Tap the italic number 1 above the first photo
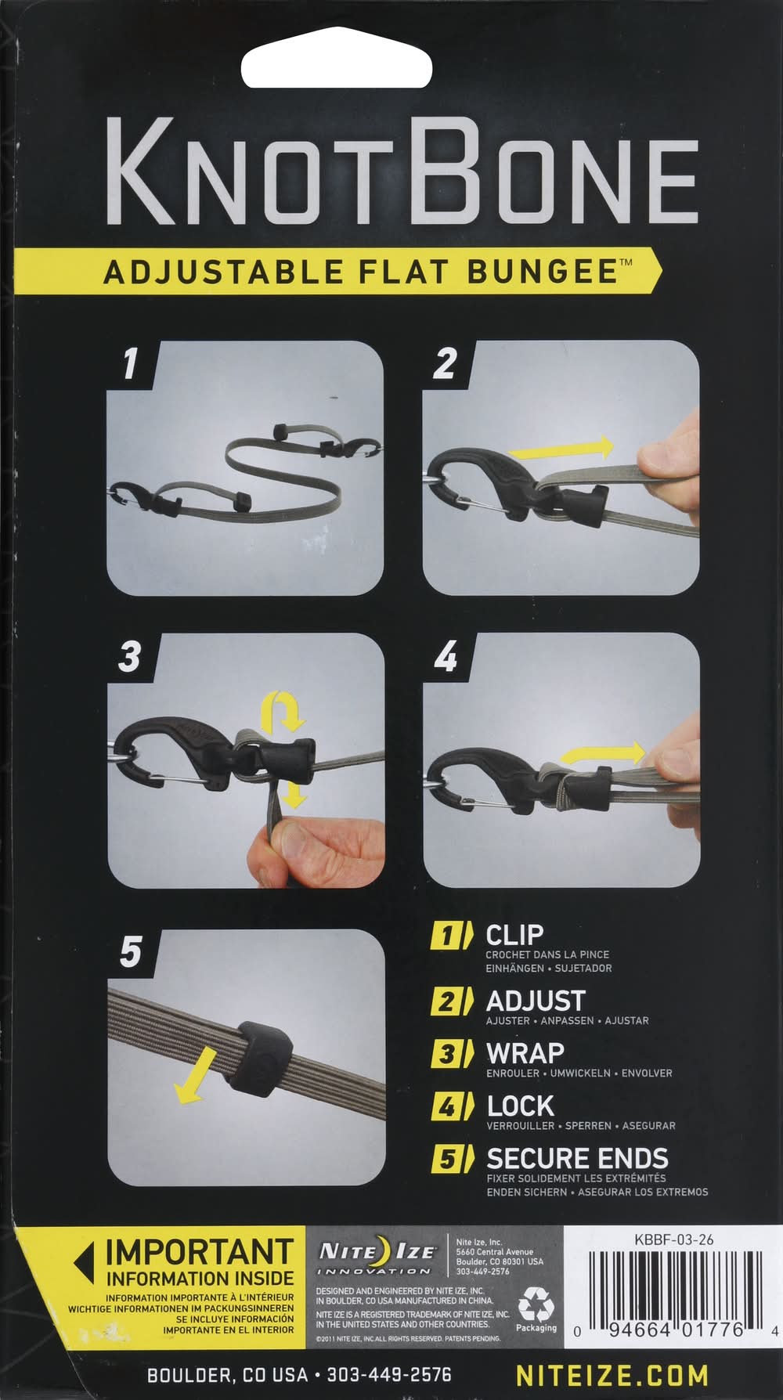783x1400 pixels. (130, 363)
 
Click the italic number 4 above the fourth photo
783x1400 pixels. (446, 656)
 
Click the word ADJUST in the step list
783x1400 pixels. (536, 1001)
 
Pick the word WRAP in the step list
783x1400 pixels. (525, 1053)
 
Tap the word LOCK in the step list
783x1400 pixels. (520, 1106)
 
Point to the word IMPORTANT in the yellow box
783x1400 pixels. (200, 1252)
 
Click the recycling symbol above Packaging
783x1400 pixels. (536, 1304)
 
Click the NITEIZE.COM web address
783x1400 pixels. (612, 1374)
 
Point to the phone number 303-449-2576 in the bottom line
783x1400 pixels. (388, 1375)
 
